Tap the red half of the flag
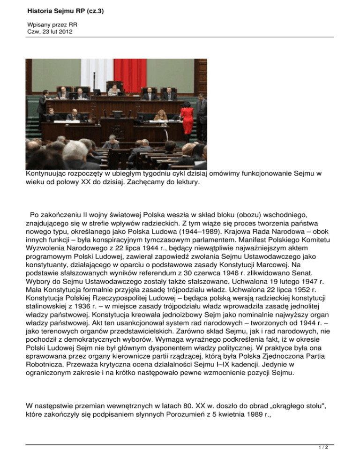[130, 75]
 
